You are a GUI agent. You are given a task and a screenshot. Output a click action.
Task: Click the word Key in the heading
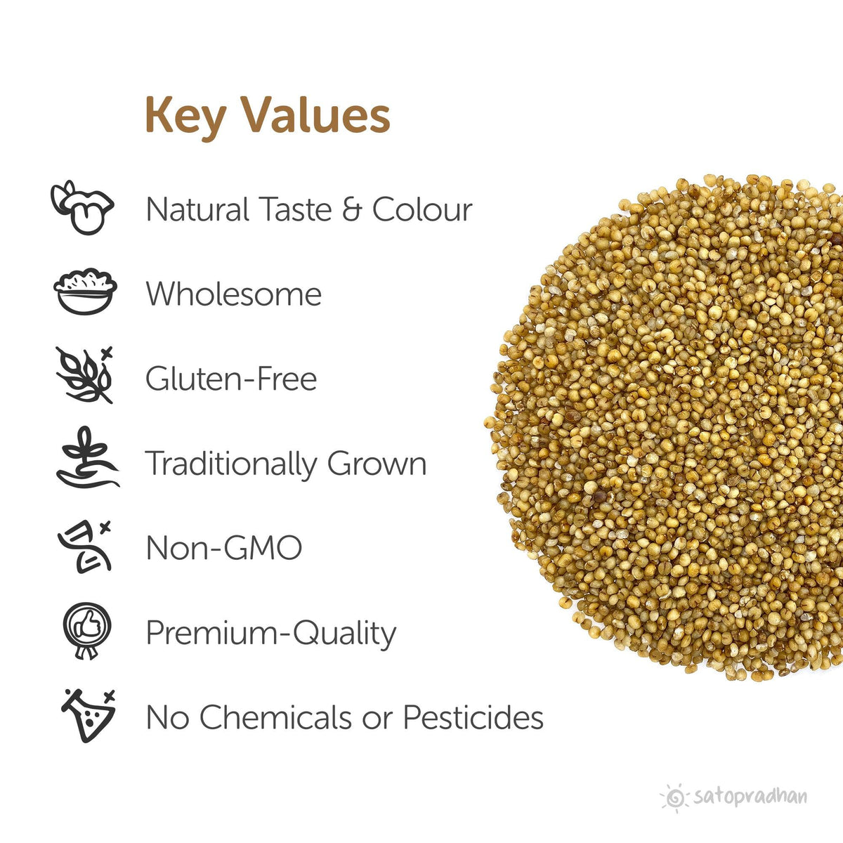[x=185, y=116]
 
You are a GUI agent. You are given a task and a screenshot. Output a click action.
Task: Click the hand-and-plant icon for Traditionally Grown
[x=87, y=458]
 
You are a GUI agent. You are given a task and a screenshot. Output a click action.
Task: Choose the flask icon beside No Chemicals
[x=88, y=715]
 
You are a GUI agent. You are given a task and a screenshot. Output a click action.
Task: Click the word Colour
[x=422, y=210]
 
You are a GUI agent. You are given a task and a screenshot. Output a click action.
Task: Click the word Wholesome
[x=233, y=294]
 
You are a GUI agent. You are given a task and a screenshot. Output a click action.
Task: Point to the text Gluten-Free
[x=231, y=379]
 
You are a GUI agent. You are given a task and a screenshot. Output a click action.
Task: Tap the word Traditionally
[x=230, y=464]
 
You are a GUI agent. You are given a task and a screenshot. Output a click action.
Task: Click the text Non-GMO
[x=223, y=548]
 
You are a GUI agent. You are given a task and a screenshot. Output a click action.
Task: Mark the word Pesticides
[x=473, y=718]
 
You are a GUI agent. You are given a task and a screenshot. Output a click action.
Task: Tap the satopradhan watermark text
[x=750, y=797]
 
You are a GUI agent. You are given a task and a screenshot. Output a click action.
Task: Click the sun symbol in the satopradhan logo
[x=676, y=797]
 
